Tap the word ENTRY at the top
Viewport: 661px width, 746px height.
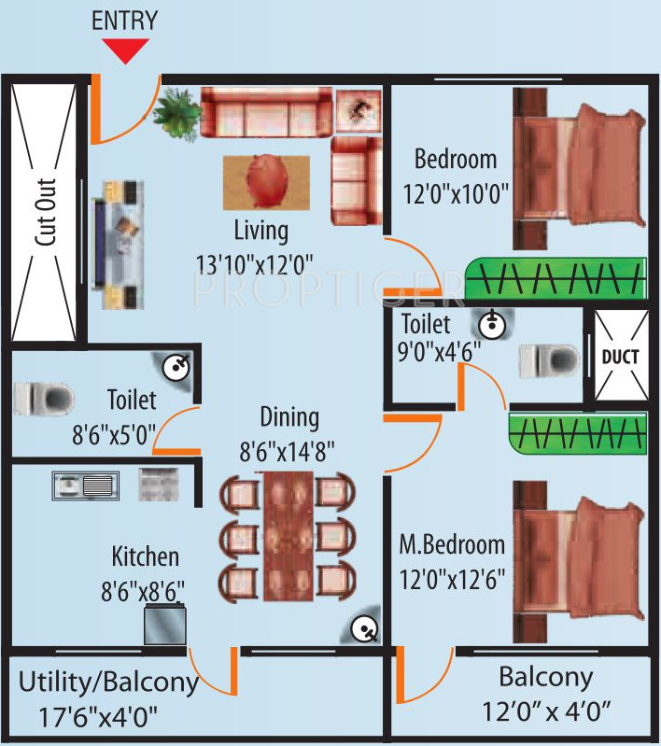[x=124, y=21]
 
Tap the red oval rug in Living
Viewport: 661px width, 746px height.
[x=267, y=181]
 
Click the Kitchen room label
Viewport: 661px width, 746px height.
[x=145, y=557]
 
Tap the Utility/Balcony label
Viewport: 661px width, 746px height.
[x=108, y=683]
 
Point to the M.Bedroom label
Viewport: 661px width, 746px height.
[x=452, y=544]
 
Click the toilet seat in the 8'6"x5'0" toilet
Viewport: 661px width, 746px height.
[x=43, y=399]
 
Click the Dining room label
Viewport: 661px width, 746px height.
[x=289, y=416]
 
